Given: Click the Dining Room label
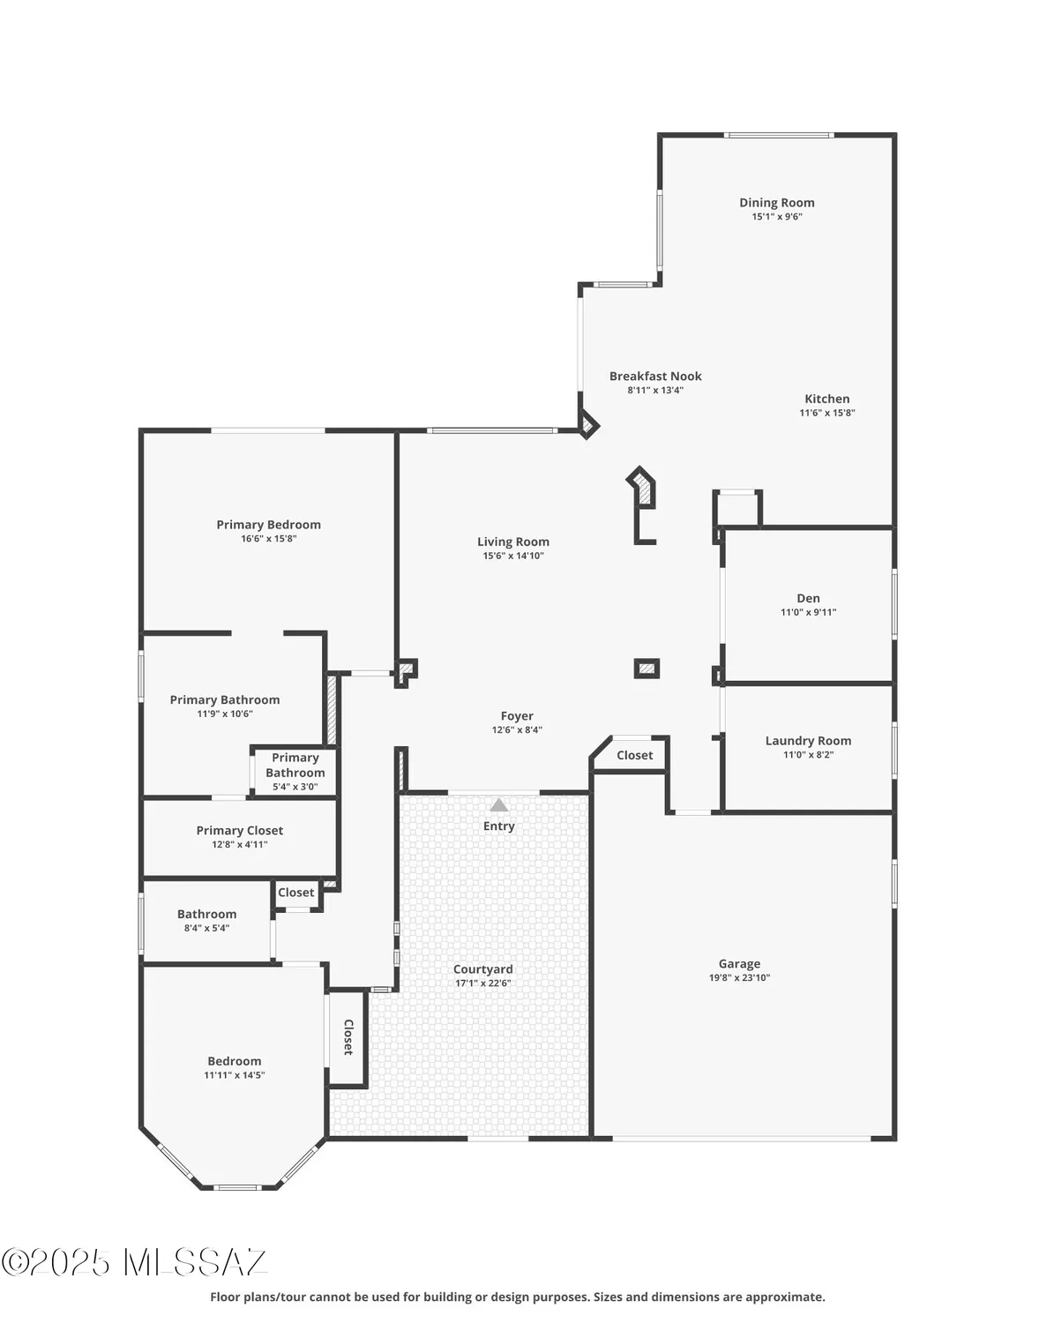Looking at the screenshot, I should [x=776, y=203].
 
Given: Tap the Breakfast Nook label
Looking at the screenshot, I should [x=655, y=376].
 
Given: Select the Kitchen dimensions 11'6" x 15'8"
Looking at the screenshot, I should [x=826, y=413].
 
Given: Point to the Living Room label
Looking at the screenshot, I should [x=512, y=542].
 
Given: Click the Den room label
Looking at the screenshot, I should [x=808, y=598].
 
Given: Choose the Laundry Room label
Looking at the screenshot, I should [x=808, y=741].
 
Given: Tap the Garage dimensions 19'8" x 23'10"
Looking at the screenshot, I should [x=739, y=978].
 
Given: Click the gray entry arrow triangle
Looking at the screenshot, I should [x=499, y=805].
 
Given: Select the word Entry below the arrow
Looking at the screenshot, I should [x=498, y=826].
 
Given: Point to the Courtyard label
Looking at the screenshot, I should [x=482, y=969].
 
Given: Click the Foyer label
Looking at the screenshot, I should [x=517, y=716].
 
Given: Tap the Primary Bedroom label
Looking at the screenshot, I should [x=268, y=525].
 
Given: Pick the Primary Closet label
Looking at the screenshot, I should [x=239, y=830].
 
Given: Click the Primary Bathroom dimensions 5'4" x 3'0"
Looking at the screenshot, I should [x=295, y=787].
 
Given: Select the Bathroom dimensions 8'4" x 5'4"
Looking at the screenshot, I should [x=206, y=928].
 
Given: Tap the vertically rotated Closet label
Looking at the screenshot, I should [x=348, y=1037].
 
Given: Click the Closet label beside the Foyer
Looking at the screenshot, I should [x=634, y=755].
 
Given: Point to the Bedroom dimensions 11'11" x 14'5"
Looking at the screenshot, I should [x=234, y=1075].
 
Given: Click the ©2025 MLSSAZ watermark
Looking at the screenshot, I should [x=134, y=1262].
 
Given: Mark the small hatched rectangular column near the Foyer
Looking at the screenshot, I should [x=647, y=669].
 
